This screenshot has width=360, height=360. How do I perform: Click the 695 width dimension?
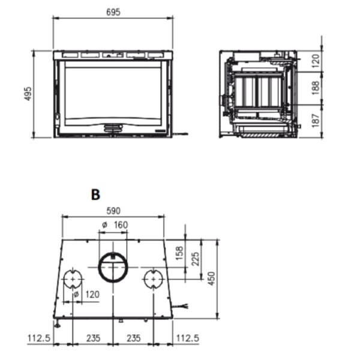(x=113, y=12)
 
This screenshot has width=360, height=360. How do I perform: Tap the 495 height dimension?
(x=28, y=94)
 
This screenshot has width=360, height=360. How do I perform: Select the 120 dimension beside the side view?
(x=316, y=61)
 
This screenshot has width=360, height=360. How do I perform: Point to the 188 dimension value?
(x=316, y=88)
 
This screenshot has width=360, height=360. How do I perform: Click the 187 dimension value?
(x=316, y=121)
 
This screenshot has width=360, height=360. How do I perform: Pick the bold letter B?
(x=95, y=194)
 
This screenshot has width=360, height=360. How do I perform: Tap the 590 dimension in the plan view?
(x=113, y=211)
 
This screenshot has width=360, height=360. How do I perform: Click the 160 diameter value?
(x=121, y=225)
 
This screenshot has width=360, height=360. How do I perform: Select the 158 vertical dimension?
(x=179, y=253)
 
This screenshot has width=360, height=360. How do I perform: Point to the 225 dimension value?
(x=196, y=259)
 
